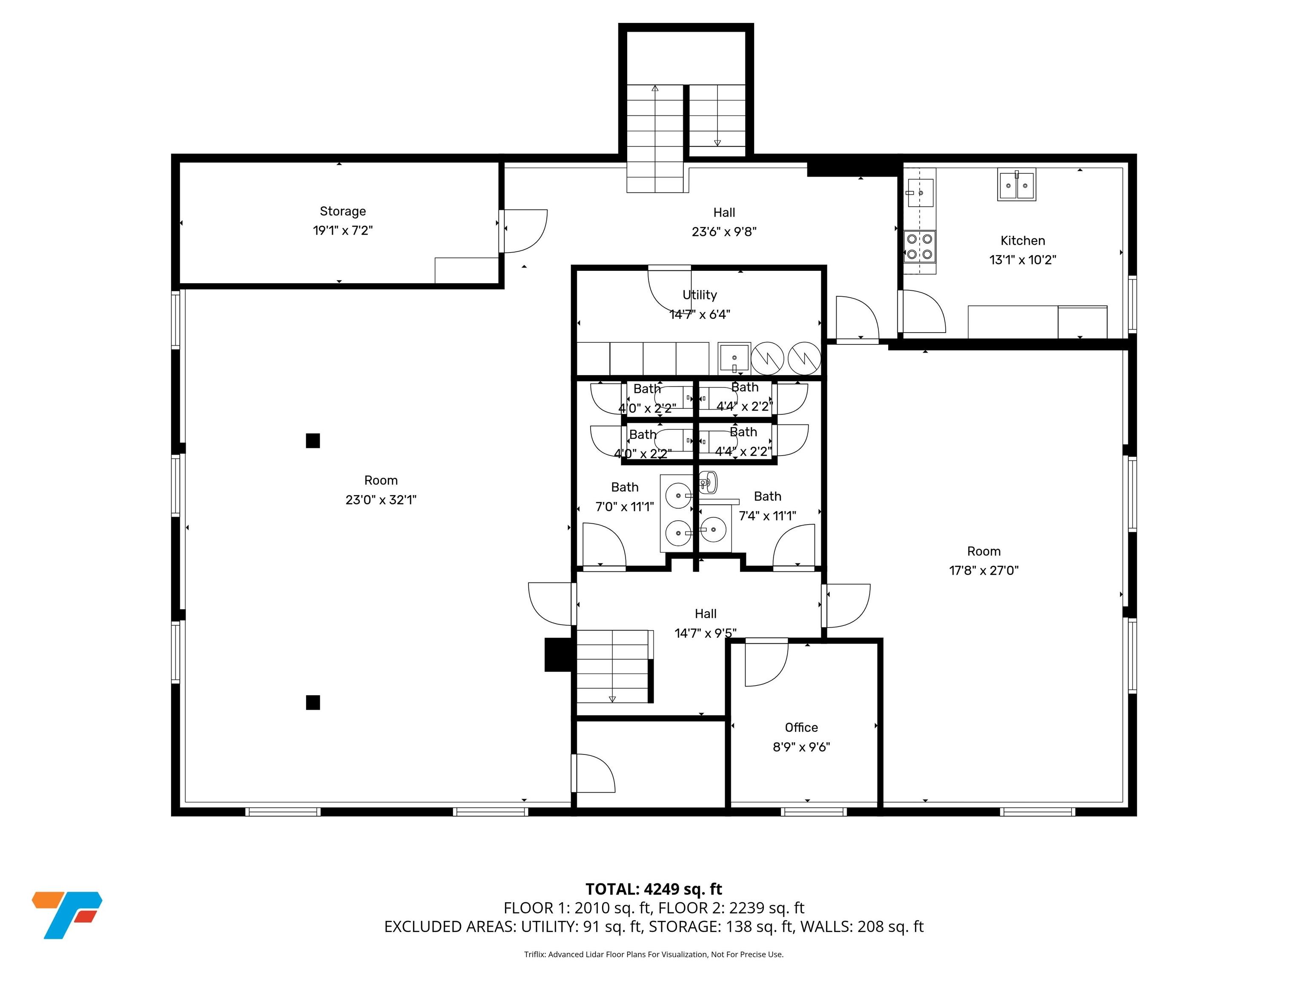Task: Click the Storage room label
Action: pyautogui.click(x=342, y=211)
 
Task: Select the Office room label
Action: pyautogui.click(x=801, y=727)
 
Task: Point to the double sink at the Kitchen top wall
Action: pyautogui.click(x=1016, y=185)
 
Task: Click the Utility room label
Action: pyautogui.click(x=700, y=295)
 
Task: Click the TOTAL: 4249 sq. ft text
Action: pyautogui.click(x=654, y=889)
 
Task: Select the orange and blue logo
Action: pyautogui.click(x=67, y=915)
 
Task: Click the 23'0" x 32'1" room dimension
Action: pyautogui.click(x=381, y=500)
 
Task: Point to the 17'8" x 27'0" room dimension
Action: pyautogui.click(x=984, y=571)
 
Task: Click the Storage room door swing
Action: pyautogui.click(x=525, y=231)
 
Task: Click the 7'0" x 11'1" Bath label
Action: pyautogui.click(x=625, y=497)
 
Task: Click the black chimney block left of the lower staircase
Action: pyautogui.click(x=558, y=654)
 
